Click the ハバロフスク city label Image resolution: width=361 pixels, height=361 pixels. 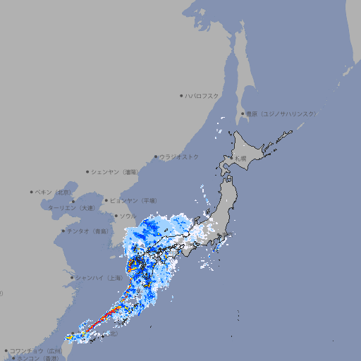pos(202,96)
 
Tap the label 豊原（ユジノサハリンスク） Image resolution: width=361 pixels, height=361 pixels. pos(281,114)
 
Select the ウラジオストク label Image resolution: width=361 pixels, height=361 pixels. pos(179,157)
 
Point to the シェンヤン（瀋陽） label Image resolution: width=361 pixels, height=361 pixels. pos(116,171)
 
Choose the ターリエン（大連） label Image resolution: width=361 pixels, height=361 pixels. pos(71,208)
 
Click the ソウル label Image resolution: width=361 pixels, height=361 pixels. pos(128,216)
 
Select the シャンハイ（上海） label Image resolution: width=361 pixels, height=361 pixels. pos(99,278)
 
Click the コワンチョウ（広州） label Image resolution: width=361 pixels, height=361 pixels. pos(36,350)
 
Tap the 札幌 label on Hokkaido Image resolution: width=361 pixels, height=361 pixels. pos(241,159)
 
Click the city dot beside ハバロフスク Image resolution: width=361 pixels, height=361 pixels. pos(181,96)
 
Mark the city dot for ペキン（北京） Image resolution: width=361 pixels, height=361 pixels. pos(32,192)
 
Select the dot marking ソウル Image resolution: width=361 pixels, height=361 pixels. pos(116,216)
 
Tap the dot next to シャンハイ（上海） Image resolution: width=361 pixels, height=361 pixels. pos(72,278)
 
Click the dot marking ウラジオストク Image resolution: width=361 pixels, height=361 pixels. pos(156,157)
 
